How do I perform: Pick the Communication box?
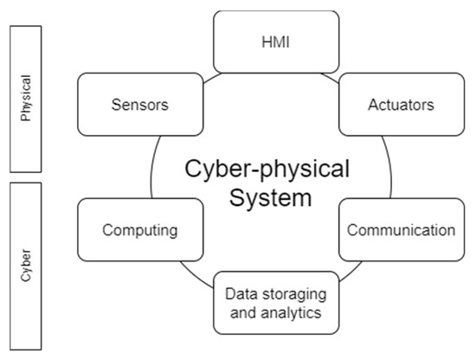(400, 230)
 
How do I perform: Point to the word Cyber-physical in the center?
(267, 170)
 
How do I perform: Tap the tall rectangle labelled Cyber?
(26, 262)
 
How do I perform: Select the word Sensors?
(138, 106)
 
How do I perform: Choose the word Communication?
(401, 230)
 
